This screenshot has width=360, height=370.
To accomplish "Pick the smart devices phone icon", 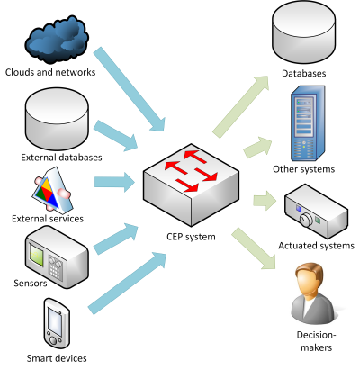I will pos(56,323).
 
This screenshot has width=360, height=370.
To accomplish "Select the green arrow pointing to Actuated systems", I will pos(262,201).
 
